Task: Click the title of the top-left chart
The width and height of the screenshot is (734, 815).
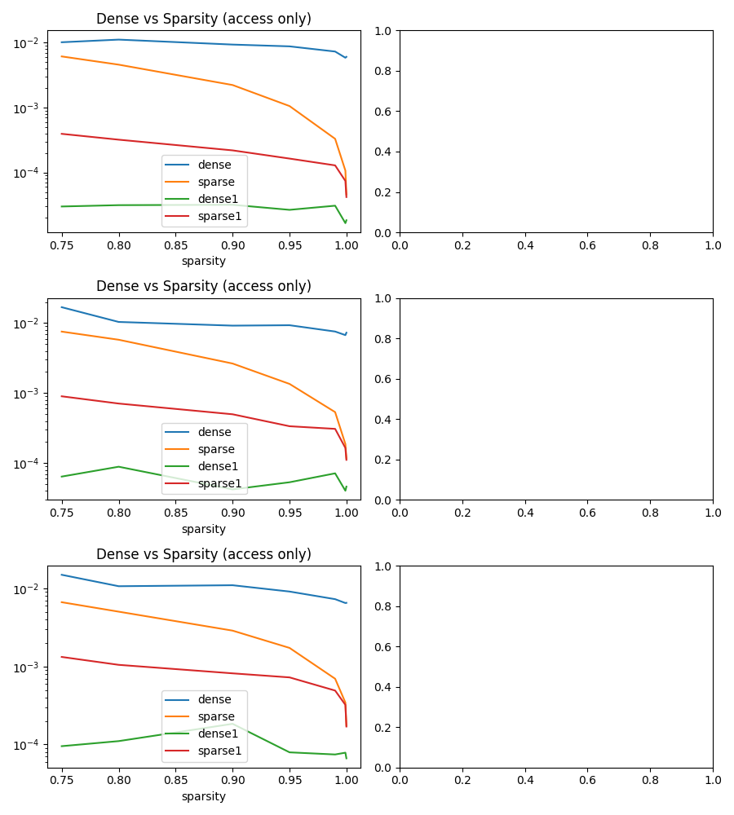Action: pos(204,19)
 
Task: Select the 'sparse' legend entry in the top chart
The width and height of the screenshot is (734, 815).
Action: pos(216,182)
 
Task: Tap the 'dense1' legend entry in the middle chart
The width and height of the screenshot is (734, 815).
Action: pos(218,466)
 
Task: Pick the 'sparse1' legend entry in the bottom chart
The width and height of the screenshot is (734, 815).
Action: pos(219,751)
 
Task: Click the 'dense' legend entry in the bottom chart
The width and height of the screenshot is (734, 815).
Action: pos(214,699)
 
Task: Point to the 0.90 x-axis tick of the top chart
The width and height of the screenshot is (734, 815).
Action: pos(233,244)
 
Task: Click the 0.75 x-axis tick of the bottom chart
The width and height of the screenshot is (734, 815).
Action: pos(61,779)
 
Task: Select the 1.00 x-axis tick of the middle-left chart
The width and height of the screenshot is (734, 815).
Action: pos(347,512)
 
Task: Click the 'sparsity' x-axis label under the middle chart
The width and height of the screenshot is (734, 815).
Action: pos(204,529)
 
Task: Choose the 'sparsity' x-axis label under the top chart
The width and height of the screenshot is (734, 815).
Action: pos(204,262)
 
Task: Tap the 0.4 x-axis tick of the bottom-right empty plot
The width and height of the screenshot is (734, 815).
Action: pos(525,779)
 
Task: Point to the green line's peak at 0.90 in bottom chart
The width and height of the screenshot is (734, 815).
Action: pos(233,724)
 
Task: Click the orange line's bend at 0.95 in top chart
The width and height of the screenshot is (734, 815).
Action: pos(290,106)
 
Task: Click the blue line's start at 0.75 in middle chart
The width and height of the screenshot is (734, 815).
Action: pos(62,307)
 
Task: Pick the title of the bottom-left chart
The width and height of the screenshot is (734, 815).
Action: pos(204,554)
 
